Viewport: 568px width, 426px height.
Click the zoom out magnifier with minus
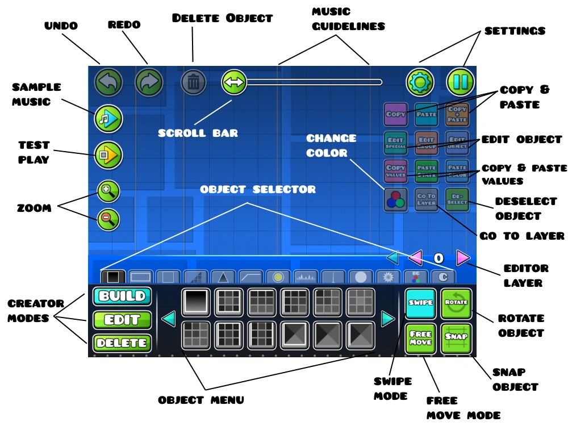pyautogui.click(x=108, y=218)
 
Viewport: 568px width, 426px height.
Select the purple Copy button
pyautogui.click(x=396, y=114)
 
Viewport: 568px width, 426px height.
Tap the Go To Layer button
pyautogui.click(x=427, y=200)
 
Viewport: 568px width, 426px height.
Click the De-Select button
pyautogui.click(x=457, y=200)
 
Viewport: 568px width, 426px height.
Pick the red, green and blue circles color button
pyautogui.click(x=396, y=200)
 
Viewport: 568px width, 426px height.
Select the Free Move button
pyautogui.click(x=421, y=339)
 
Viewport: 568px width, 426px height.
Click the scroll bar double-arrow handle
pyautogui.click(x=233, y=82)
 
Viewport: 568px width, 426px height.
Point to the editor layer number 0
pyautogui.click(x=438, y=258)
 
